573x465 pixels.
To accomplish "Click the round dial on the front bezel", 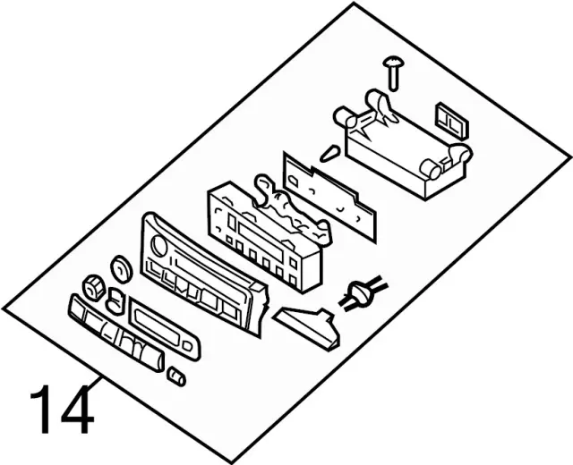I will click(159, 246).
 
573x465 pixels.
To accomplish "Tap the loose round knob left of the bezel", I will click(121, 266).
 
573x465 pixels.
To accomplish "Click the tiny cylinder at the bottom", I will click(177, 376).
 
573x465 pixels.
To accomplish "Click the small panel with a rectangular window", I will click(162, 327).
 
